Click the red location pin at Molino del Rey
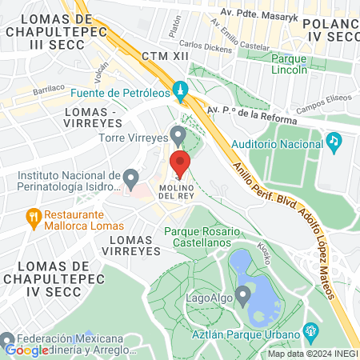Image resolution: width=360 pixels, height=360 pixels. (180, 162)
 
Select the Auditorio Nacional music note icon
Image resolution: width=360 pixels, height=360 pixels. (334, 141)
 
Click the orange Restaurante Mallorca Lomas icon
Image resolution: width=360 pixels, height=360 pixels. (33, 216)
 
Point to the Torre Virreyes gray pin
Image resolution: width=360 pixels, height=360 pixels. (178, 134)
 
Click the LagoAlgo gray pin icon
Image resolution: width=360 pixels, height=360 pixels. (241, 292)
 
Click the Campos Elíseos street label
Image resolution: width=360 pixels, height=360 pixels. (318, 108)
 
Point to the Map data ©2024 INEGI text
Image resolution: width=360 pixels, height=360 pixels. (311, 353)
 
